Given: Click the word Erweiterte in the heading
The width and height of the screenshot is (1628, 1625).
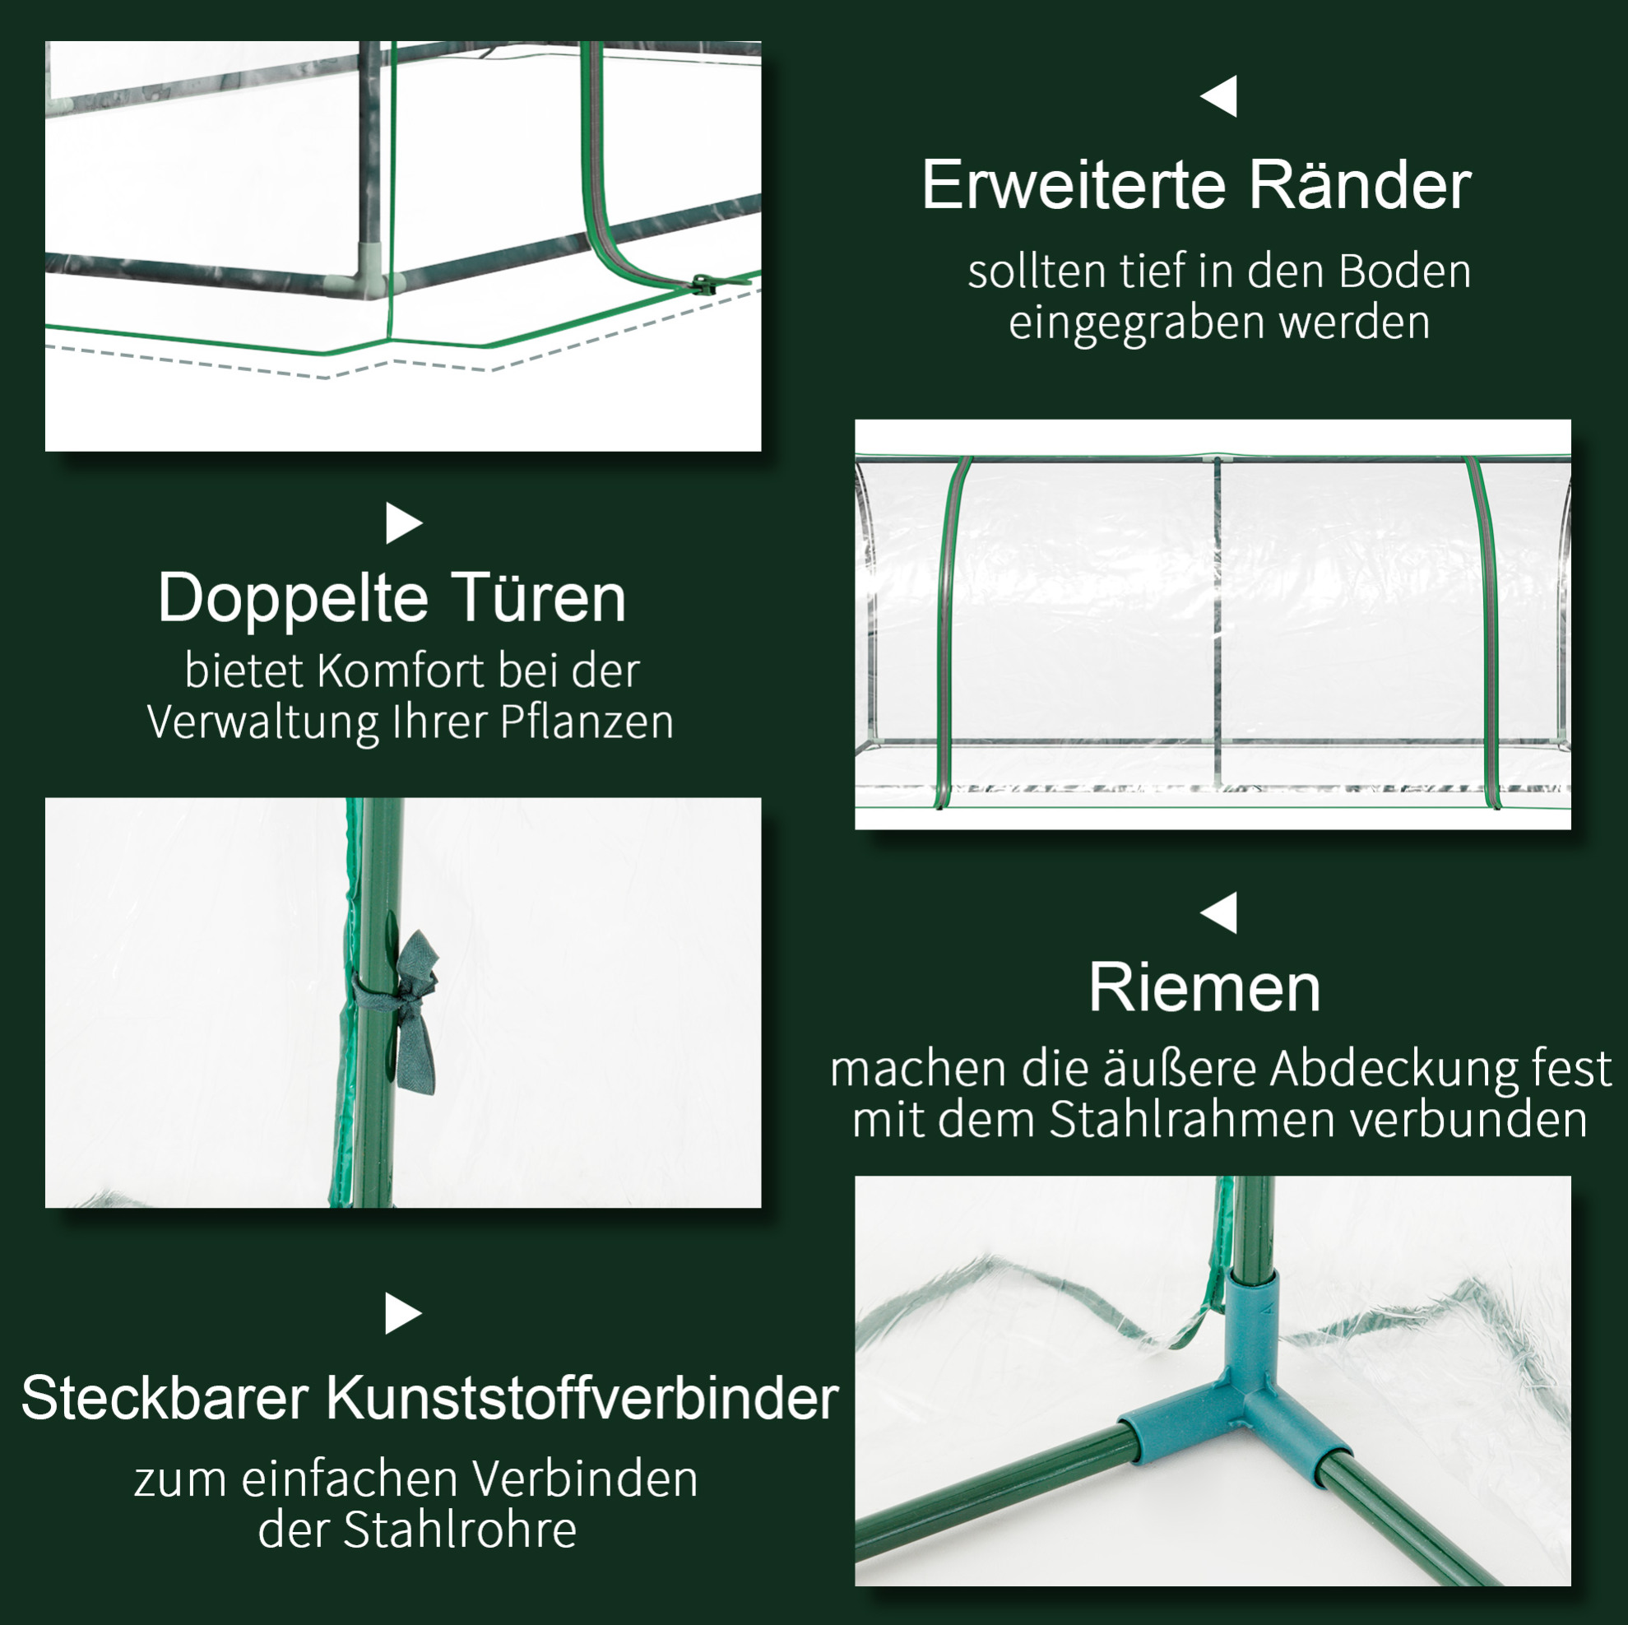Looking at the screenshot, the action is tap(1075, 184).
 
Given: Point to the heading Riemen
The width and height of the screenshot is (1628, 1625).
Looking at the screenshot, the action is tap(1204, 987).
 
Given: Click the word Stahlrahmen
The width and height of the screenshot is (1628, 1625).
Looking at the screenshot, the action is tap(1189, 1119).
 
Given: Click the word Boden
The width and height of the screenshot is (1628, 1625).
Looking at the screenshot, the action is tap(1405, 272).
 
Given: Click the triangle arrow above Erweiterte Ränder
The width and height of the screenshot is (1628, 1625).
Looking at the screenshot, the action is tap(1219, 96).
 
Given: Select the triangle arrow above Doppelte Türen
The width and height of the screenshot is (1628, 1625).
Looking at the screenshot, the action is tap(404, 523).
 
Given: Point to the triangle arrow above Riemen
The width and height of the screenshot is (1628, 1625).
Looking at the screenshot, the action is tap(1219, 912).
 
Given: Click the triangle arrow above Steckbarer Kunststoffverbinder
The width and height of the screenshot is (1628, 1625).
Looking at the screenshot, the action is tap(404, 1313).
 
